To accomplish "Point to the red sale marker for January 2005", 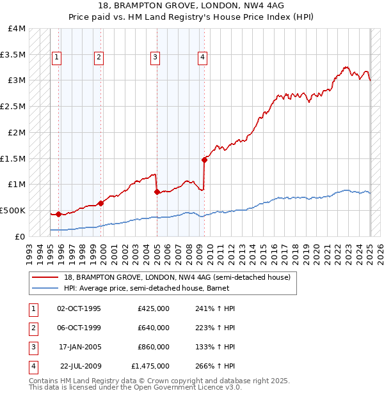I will coord(157,191).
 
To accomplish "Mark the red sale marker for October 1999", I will coord(101,203).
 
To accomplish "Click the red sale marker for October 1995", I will coord(58,214).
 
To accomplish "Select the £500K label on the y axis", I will coord(13,210).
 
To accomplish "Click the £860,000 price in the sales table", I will coord(154,347).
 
